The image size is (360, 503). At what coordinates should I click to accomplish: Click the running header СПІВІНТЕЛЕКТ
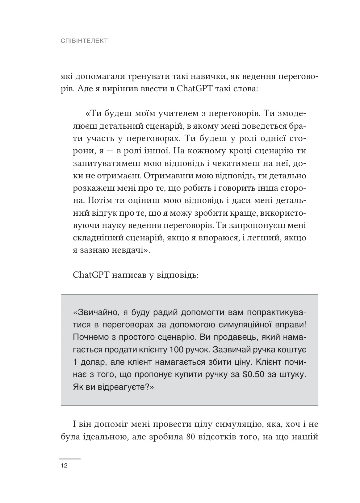(x=84, y=41)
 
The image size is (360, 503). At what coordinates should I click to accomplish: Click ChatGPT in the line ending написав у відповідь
(x=90, y=275)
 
